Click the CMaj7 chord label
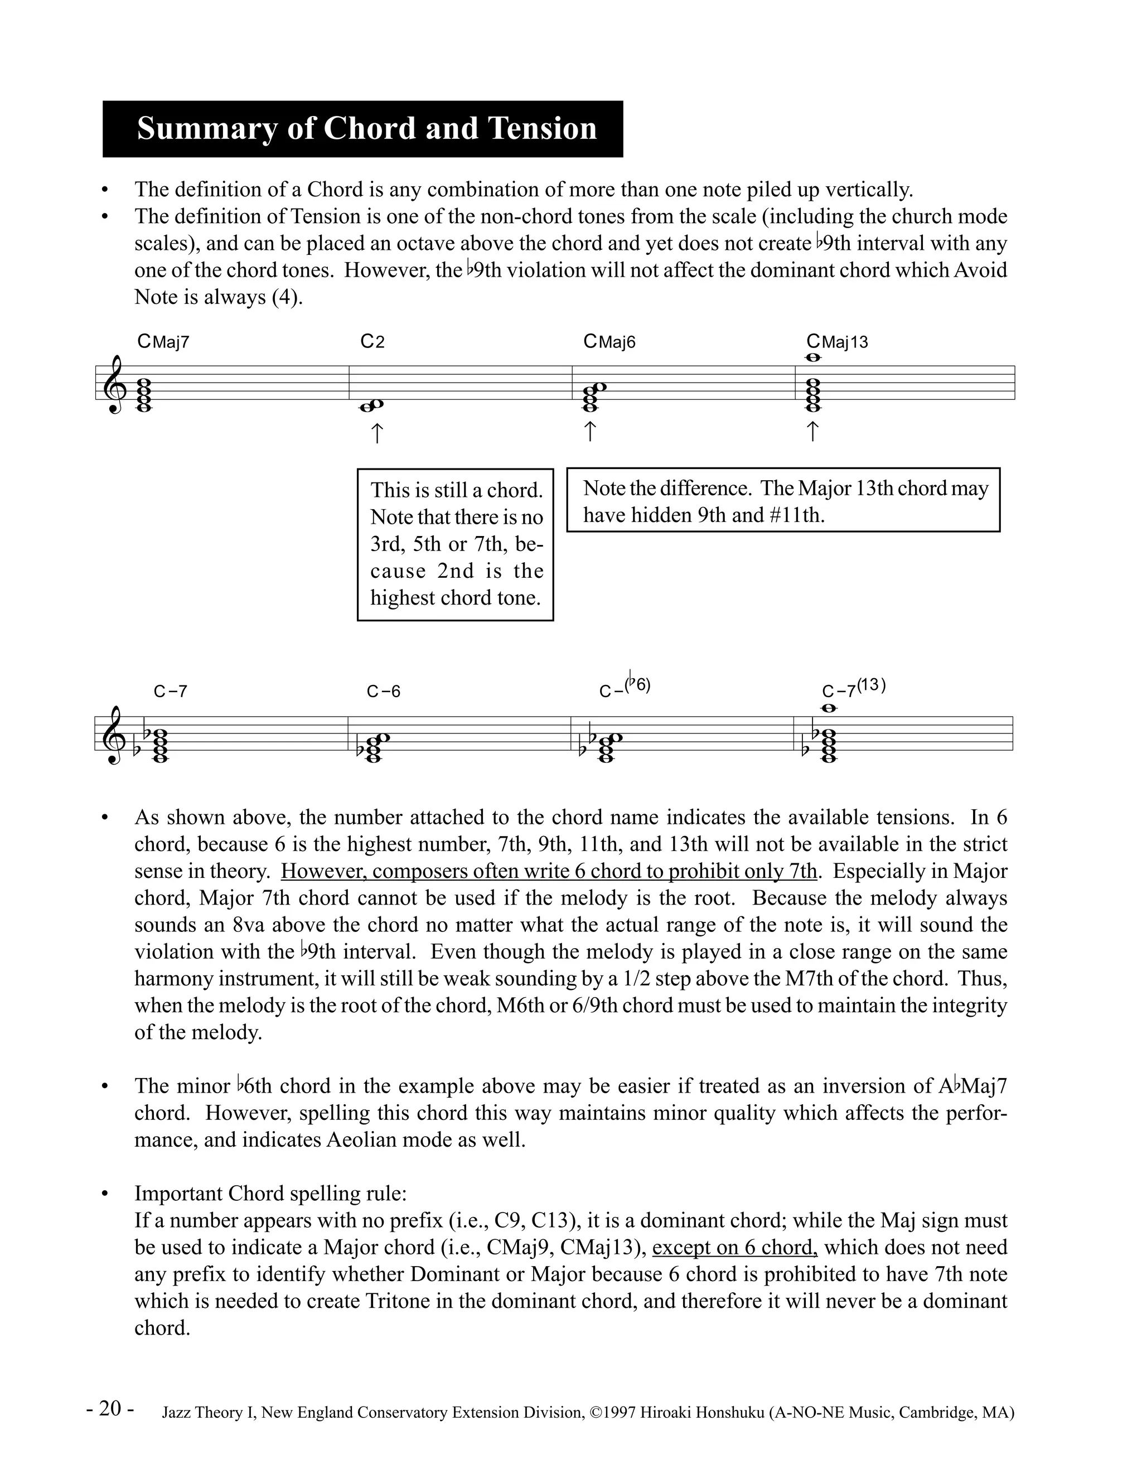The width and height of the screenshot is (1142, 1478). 163,342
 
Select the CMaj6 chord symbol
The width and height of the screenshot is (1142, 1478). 609,342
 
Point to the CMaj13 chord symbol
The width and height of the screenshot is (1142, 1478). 837,342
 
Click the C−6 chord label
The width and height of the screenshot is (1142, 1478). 383,692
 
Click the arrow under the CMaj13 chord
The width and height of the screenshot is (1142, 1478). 812,431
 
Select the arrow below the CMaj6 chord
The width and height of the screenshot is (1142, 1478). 589,431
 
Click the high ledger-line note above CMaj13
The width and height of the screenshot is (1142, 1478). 813,358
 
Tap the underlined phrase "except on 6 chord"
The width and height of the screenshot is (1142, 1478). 735,1247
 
